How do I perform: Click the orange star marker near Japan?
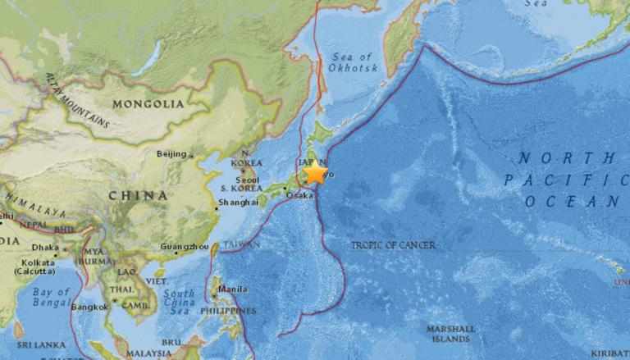316,173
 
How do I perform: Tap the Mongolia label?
148,104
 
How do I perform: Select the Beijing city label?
171,153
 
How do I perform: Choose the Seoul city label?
246,180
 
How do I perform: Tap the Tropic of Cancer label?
393,245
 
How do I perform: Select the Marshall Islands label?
448,333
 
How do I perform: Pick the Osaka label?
299,194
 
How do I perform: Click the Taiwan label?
242,244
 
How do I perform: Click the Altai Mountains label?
78,98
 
